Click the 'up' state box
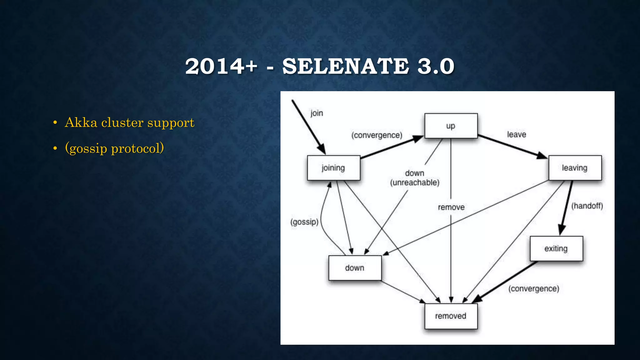(x=451, y=126)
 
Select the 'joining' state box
(x=333, y=168)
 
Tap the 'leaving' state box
(x=575, y=168)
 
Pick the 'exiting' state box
(x=556, y=249)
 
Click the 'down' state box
(x=355, y=268)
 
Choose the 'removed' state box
(x=451, y=316)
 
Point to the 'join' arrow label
(x=317, y=113)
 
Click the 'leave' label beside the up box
(x=516, y=134)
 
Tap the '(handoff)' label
(x=587, y=206)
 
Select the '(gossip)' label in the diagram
(x=304, y=222)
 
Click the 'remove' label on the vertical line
(x=451, y=207)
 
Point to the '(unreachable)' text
(x=415, y=183)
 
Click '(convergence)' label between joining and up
(x=377, y=135)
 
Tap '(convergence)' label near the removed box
(x=533, y=289)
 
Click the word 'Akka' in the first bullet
(x=81, y=122)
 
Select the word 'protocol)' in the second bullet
(x=137, y=148)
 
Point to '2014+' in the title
(x=221, y=66)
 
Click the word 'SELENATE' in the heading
(x=346, y=66)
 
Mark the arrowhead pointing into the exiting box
(x=562, y=231)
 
